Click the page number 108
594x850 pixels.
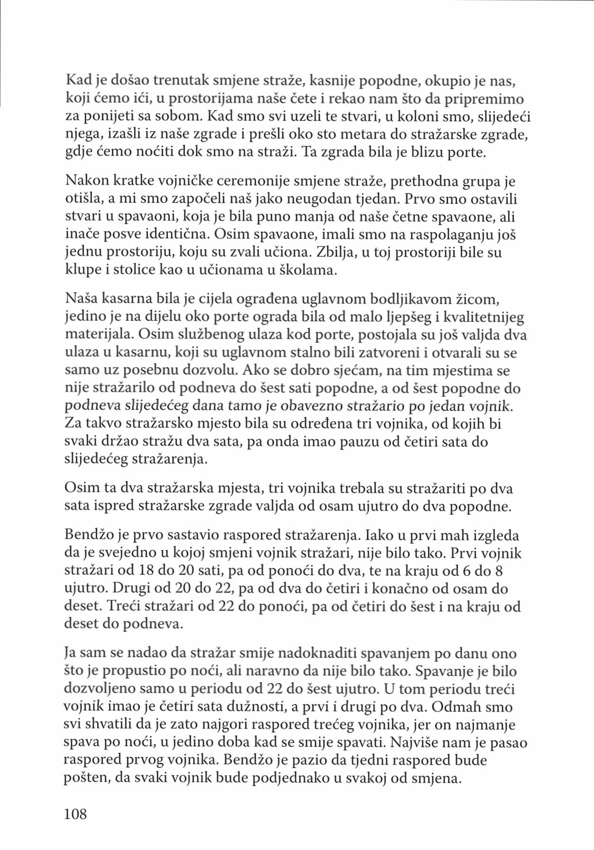pos(75,814)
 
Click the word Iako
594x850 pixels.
pos(380,535)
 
